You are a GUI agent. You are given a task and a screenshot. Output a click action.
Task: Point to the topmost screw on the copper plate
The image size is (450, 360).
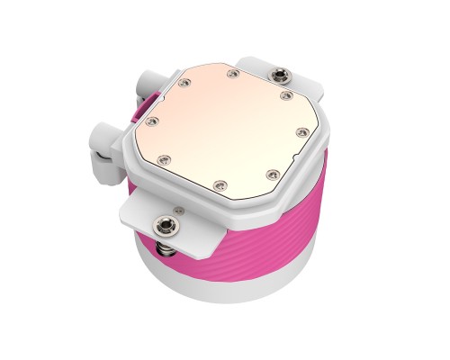coord(234,72)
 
